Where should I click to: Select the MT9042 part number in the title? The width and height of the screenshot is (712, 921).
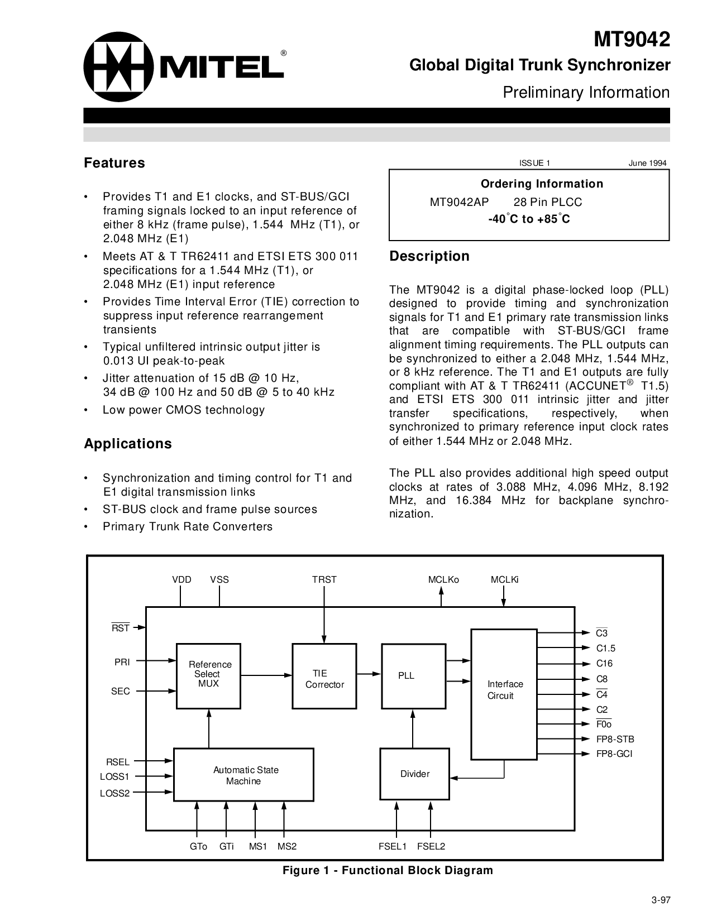tap(631, 40)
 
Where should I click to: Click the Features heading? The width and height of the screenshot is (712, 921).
tap(114, 163)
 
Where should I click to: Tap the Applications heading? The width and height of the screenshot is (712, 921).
tap(128, 444)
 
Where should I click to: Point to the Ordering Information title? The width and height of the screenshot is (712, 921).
tap(542, 184)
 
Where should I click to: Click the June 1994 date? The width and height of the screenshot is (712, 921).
tap(647, 163)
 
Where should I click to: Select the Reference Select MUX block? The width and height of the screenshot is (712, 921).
tap(209, 675)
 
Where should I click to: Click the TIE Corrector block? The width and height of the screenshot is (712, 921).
tap(324, 676)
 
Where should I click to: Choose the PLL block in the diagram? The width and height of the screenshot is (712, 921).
tap(414, 675)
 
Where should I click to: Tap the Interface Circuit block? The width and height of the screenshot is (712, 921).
tap(504, 694)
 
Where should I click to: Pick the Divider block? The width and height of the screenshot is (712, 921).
tap(414, 774)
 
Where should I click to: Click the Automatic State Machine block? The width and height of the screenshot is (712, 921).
tap(244, 775)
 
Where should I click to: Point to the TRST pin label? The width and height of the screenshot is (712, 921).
tap(324, 579)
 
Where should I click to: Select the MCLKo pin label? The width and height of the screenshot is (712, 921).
tap(443, 579)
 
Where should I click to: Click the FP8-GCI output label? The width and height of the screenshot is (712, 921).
tap(614, 754)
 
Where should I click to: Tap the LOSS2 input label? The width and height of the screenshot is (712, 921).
tap(114, 793)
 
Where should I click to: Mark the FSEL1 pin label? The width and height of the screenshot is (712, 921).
tap(392, 846)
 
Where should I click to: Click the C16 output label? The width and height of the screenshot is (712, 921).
tap(604, 664)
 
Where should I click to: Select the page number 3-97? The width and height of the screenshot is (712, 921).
tap(660, 900)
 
